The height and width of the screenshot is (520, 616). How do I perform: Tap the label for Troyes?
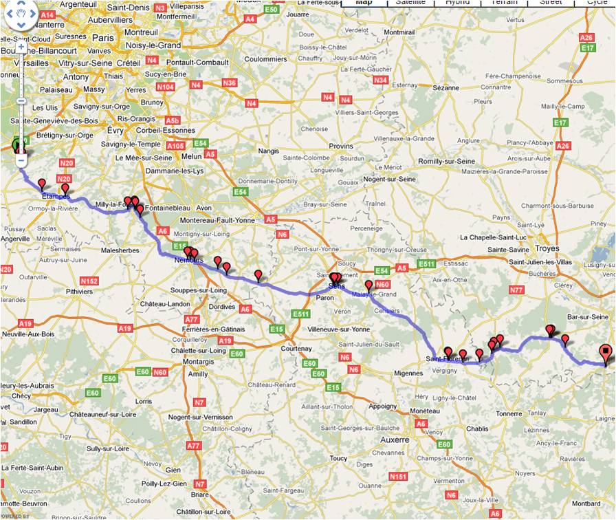coord(547,248)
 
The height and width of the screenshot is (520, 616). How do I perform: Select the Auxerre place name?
coord(395,440)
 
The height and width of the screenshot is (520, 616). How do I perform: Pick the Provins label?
coord(341,146)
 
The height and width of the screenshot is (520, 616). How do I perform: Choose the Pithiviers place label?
coord(77,292)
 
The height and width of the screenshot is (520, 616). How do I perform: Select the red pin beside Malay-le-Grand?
coord(368,285)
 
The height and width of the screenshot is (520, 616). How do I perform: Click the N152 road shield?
coord(89,281)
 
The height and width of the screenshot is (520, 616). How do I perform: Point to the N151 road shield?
coord(398,477)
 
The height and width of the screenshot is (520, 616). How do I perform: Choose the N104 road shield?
coord(165,87)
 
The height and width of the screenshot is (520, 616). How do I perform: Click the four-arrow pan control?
coord(21,15)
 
